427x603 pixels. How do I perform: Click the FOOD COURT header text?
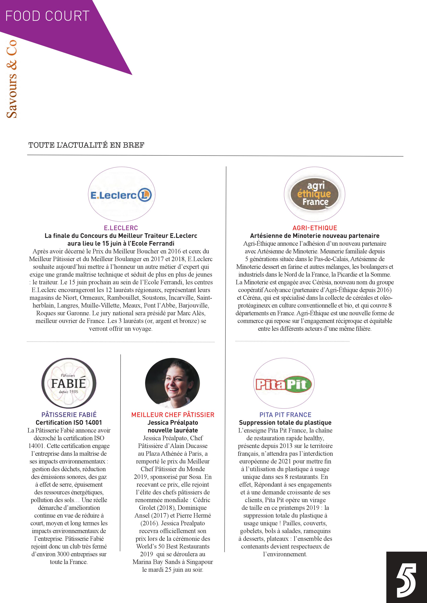pos(47,16)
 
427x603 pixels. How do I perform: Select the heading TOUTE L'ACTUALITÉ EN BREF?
pos(86,145)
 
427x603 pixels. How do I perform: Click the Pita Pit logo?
pos(283,385)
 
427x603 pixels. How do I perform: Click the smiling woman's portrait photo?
pos(172,383)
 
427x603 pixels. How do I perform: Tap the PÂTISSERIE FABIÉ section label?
pos(69,415)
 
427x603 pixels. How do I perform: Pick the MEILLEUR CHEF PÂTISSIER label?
pos(173,415)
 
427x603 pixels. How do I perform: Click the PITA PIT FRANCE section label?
pos(285,415)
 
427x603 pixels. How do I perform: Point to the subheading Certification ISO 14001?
pos(69,423)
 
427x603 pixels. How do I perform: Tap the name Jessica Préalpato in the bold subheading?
pos(173,423)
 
